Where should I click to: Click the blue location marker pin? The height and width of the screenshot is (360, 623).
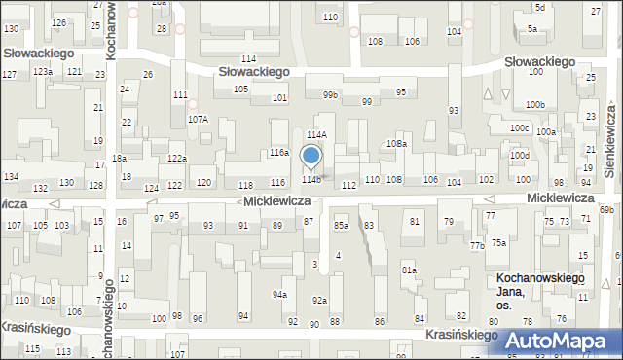point(311,156)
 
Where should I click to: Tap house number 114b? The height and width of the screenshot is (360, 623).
point(311,179)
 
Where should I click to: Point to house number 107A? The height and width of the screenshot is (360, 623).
point(198,119)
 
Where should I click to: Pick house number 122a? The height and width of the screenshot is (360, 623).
point(176,158)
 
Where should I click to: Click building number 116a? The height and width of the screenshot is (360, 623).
point(279,153)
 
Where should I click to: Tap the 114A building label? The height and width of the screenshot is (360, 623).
point(316,135)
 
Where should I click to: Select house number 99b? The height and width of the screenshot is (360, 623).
point(331,94)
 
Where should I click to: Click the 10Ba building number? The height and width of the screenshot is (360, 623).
point(396,143)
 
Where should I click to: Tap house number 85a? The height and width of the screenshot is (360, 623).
point(341,225)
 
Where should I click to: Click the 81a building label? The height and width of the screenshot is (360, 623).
point(409,270)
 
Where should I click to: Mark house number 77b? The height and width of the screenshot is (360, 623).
point(477,246)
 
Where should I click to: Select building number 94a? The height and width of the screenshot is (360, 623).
point(279,294)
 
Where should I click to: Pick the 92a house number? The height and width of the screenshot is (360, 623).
point(319,301)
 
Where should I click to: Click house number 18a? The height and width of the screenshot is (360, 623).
point(119,158)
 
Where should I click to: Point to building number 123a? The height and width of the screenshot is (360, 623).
point(42,72)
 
